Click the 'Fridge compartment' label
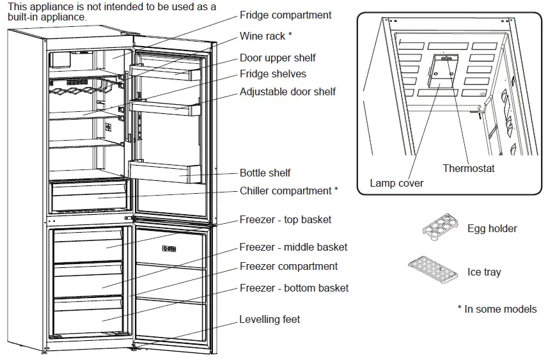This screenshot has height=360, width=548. coord(285,15)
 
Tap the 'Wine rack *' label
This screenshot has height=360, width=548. coord(266,36)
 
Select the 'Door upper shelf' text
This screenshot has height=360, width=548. coord(278,58)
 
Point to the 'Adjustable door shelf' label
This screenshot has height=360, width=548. coord(287,91)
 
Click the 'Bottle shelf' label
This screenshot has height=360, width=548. coord(265,173)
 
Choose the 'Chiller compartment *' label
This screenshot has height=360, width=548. coord(288,191)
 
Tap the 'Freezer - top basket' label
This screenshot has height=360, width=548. coord(285,219)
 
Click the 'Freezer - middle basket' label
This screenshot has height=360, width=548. coord(294,247)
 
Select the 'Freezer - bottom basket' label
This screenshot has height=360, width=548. coord(294,288)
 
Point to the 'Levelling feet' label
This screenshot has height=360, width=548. coord(269,319)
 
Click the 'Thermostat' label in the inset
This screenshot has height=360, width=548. coord(469,168)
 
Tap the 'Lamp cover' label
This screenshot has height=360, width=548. coord(396,184)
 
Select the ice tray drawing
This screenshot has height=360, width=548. coord(434,270)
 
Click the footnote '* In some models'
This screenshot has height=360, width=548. coord(497,309)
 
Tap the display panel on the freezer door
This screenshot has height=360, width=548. coord(169,249)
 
